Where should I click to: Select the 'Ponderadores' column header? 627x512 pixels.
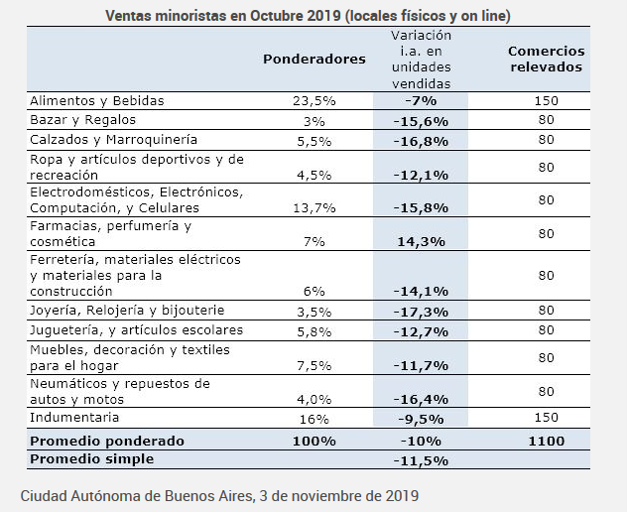[314, 59]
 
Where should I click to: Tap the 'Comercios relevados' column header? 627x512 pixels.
[545, 59]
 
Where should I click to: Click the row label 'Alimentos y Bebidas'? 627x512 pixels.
[96, 101]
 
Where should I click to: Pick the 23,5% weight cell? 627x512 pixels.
[314, 101]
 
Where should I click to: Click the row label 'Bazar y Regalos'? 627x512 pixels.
[80, 120]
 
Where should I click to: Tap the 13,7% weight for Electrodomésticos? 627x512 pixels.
[314, 208]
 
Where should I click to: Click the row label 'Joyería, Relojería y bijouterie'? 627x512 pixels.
[128, 311]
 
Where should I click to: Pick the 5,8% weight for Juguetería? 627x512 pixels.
[314, 329]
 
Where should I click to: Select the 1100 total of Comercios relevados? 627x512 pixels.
[545, 441]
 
